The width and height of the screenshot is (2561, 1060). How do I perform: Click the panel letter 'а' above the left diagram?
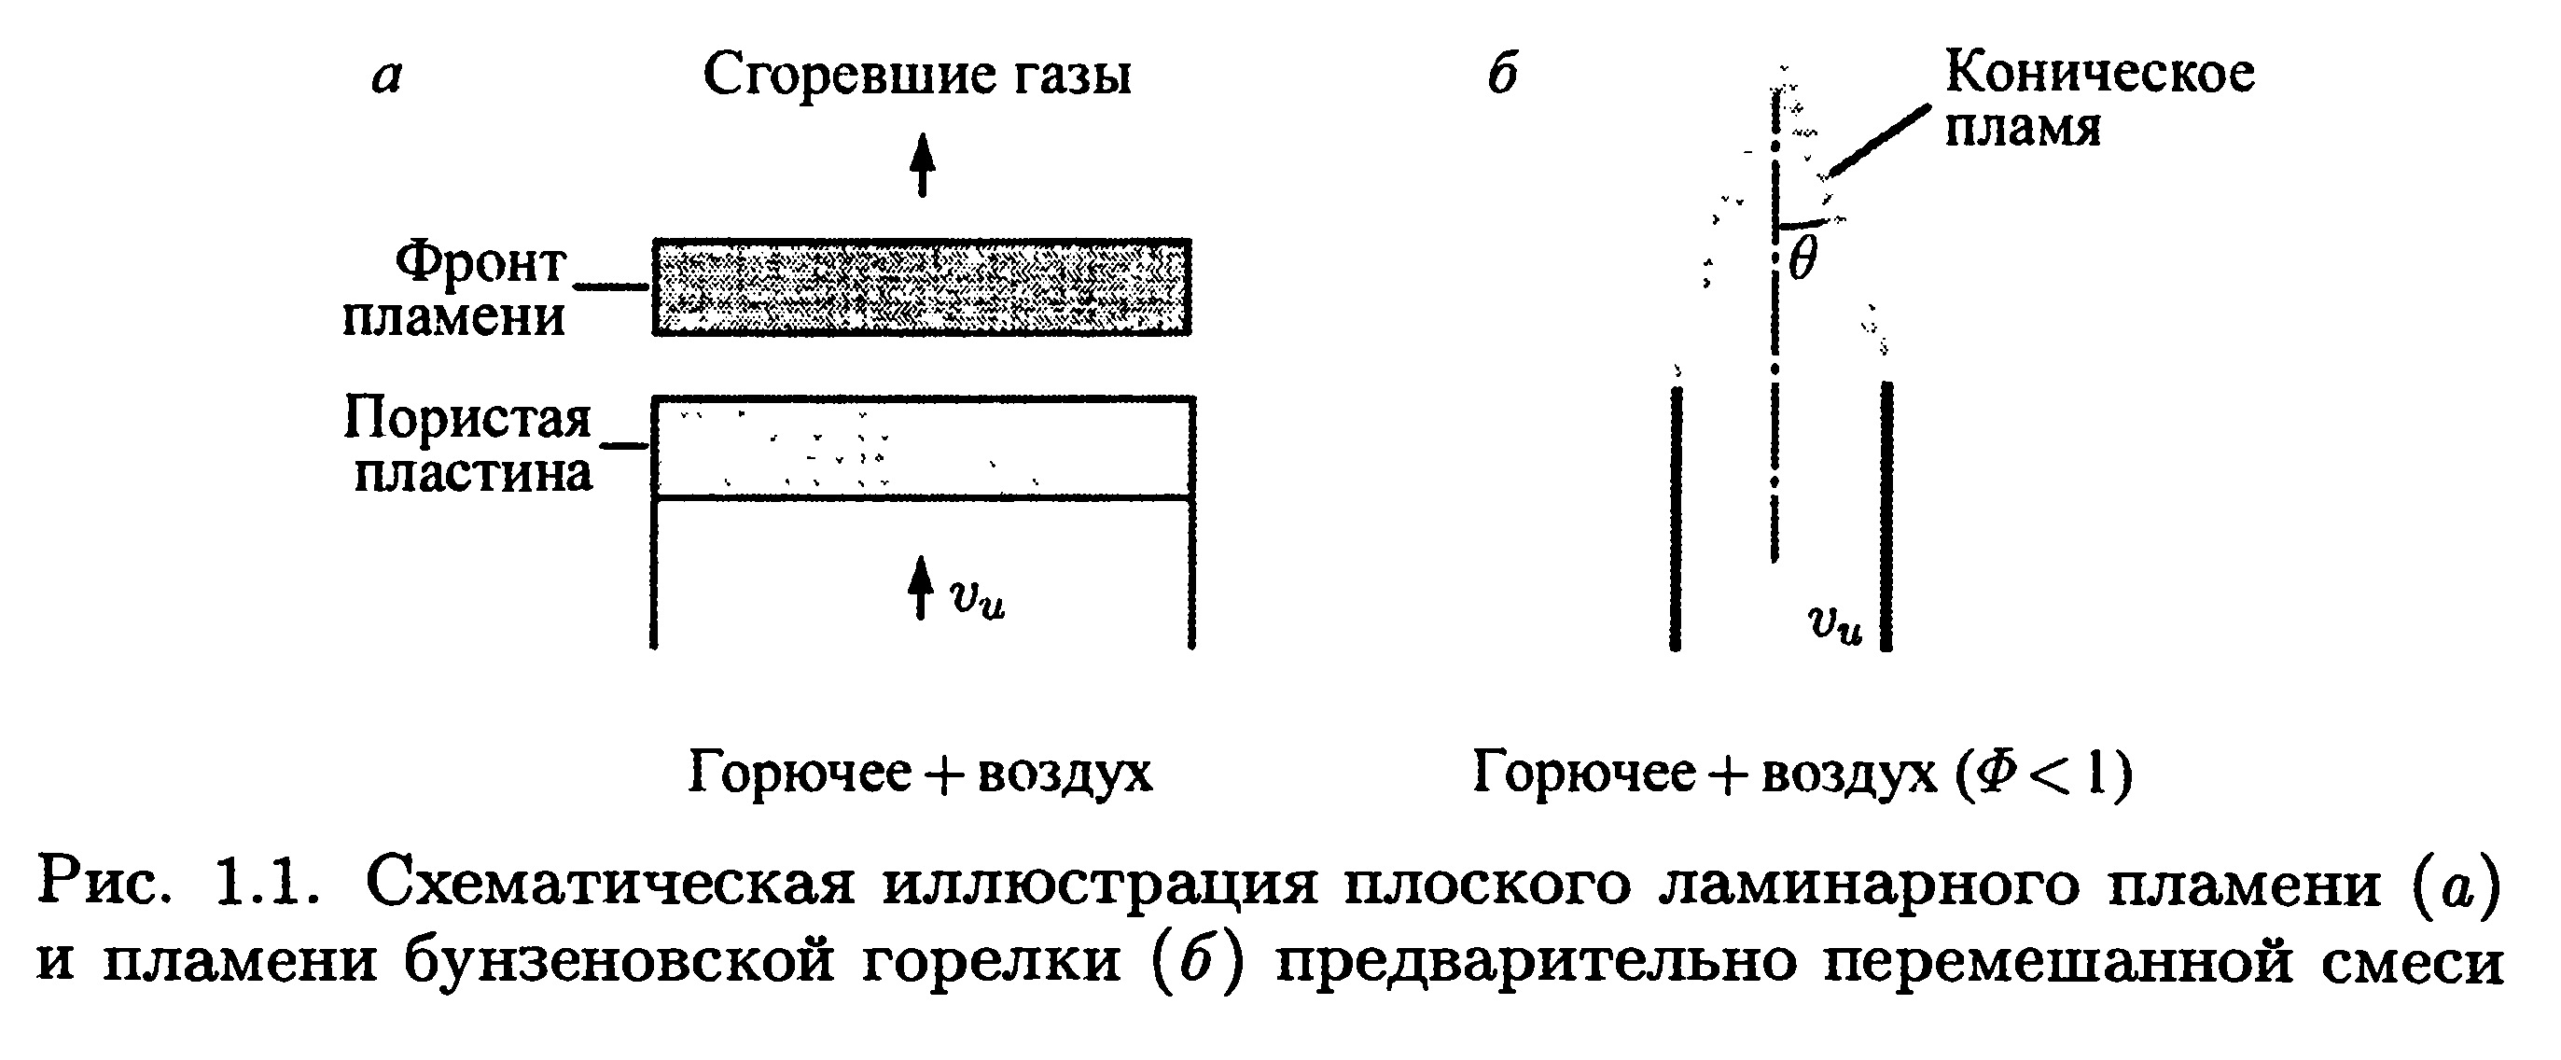click(387, 77)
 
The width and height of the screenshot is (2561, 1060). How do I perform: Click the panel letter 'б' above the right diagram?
click(1502, 73)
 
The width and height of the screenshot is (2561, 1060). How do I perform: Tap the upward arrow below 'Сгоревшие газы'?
click(924, 165)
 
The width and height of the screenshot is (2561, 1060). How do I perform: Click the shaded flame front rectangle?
click(921, 286)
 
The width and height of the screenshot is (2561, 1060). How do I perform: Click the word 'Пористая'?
click(467, 418)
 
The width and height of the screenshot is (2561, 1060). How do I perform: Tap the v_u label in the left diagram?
click(977, 599)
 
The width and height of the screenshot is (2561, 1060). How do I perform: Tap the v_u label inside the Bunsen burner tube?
click(1835, 623)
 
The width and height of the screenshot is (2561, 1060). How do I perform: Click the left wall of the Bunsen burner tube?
click(1677, 517)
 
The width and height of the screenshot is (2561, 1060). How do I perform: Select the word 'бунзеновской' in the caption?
click(619, 961)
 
